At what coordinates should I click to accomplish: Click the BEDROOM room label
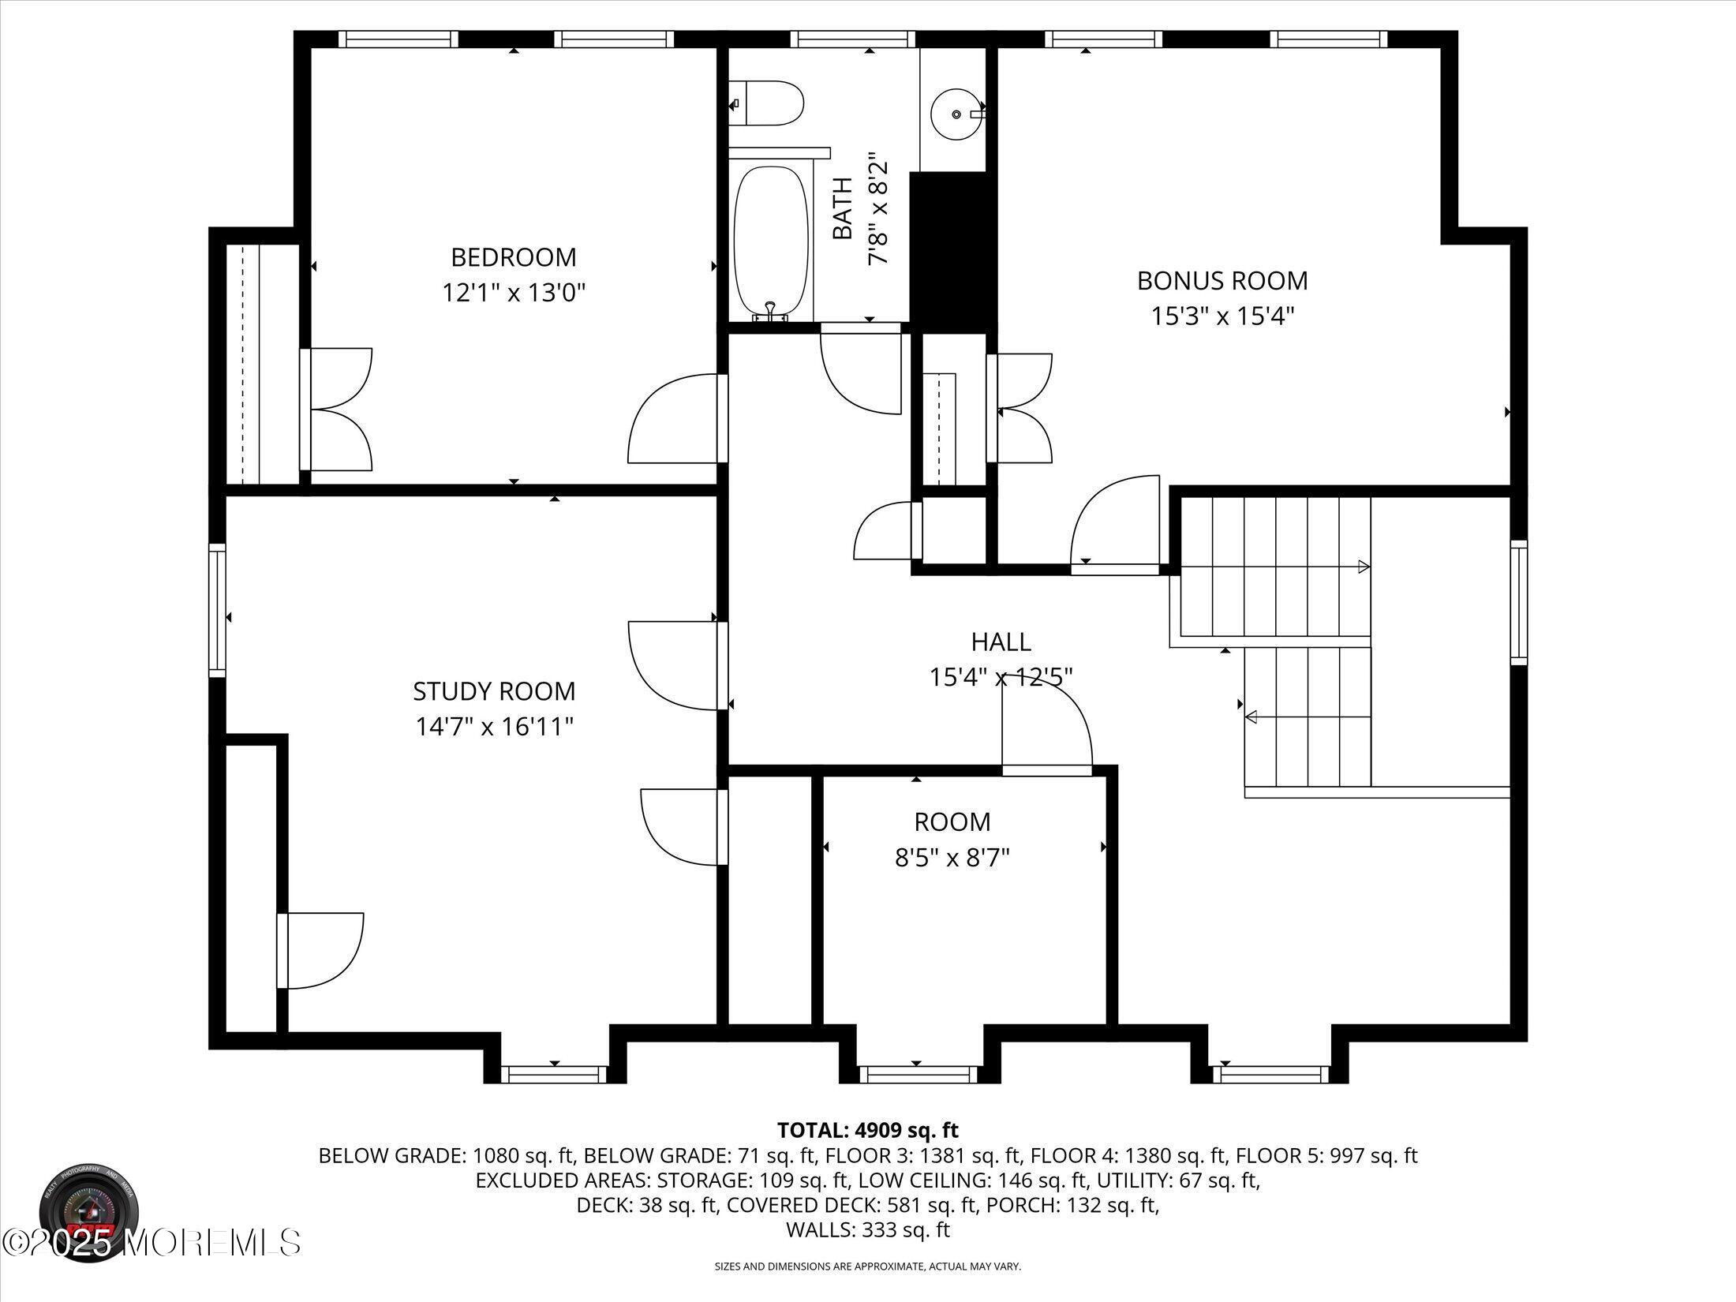tap(513, 257)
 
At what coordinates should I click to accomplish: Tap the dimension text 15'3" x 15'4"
tap(1222, 316)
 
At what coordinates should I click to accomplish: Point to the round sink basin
tap(956, 114)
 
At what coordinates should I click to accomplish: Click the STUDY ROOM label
tap(494, 691)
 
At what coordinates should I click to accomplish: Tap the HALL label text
tap(1001, 642)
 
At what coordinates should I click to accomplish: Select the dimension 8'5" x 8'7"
tap(952, 858)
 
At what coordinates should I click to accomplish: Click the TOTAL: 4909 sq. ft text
tap(867, 1130)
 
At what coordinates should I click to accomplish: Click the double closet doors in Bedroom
tap(339, 410)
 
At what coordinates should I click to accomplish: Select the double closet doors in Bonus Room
tap(1021, 408)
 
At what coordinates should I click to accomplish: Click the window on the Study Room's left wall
tap(217, 610)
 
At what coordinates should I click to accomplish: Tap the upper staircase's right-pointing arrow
tap(1363, 567)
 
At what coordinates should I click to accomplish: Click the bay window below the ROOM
tap(918, 1074)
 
